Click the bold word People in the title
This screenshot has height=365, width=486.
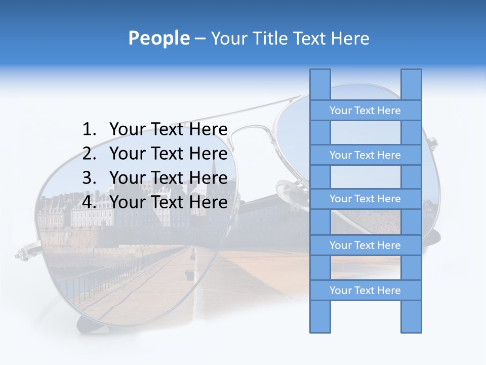pyautogui.click(x=158, y=39)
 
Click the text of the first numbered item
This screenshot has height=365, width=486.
pyautogui.click(x=168, y=130)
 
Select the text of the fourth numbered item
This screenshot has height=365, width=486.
pyautogui.click(x=168, y=202)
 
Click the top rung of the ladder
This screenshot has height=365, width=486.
pyautogui.click(x=365, y=111)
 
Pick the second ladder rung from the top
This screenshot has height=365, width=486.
pyautogui.click(x=365, y=155)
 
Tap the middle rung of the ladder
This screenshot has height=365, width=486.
pyautogui.click(x=365, y=199)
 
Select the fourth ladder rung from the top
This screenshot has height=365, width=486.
pyautogui.click(x=365, y=245)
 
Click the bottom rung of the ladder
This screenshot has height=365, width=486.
pyautogui.click(x=365, y=290)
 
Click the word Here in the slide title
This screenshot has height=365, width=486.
pyautogui.click(x=350, y=39)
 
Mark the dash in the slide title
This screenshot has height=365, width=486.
pyautogui.click(x=200, y=39)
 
